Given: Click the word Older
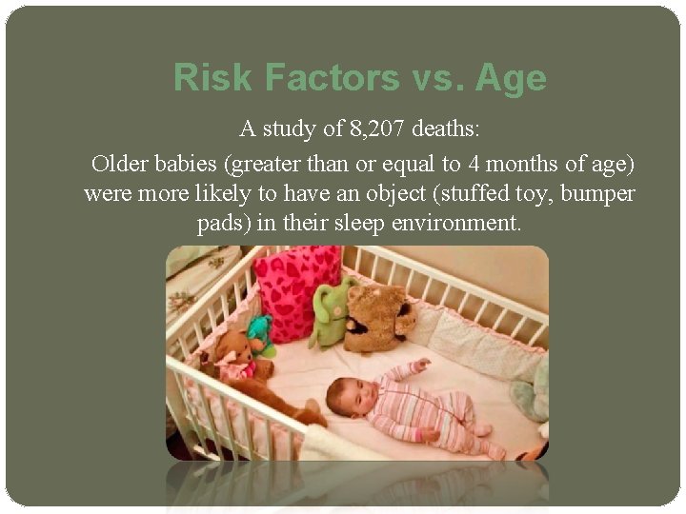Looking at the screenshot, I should tap(121, 164).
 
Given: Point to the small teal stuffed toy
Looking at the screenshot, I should tap(260, 334).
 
